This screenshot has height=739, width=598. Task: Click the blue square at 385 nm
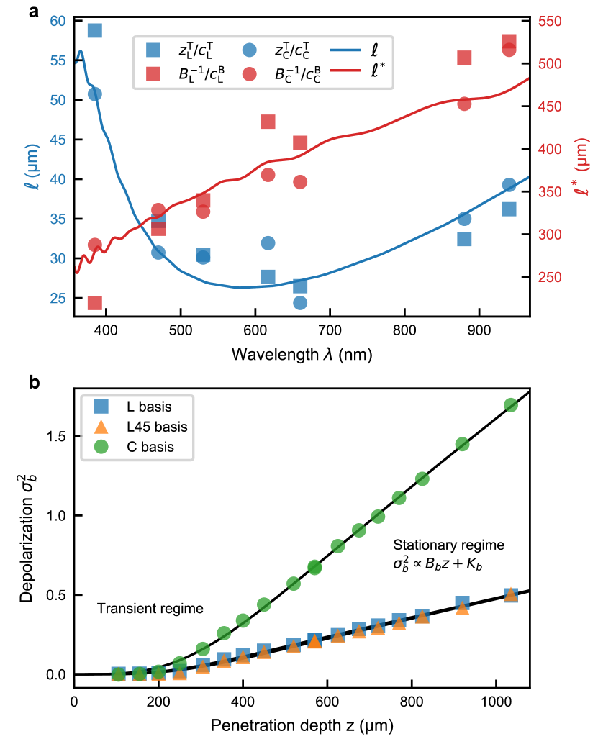(x=94, y=30)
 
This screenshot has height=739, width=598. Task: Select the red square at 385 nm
(x=94, y=302)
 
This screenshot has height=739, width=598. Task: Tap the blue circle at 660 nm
(x=300, y=303)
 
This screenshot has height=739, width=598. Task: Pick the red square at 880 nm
(x=464, y=58)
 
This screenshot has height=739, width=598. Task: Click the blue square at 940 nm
(x=509, y=209)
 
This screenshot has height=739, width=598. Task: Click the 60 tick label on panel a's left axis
(x=58, y=21)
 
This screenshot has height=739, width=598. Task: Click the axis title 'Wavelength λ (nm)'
(x=302, y=355)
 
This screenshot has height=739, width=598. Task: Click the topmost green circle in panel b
(x=511, y=405)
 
